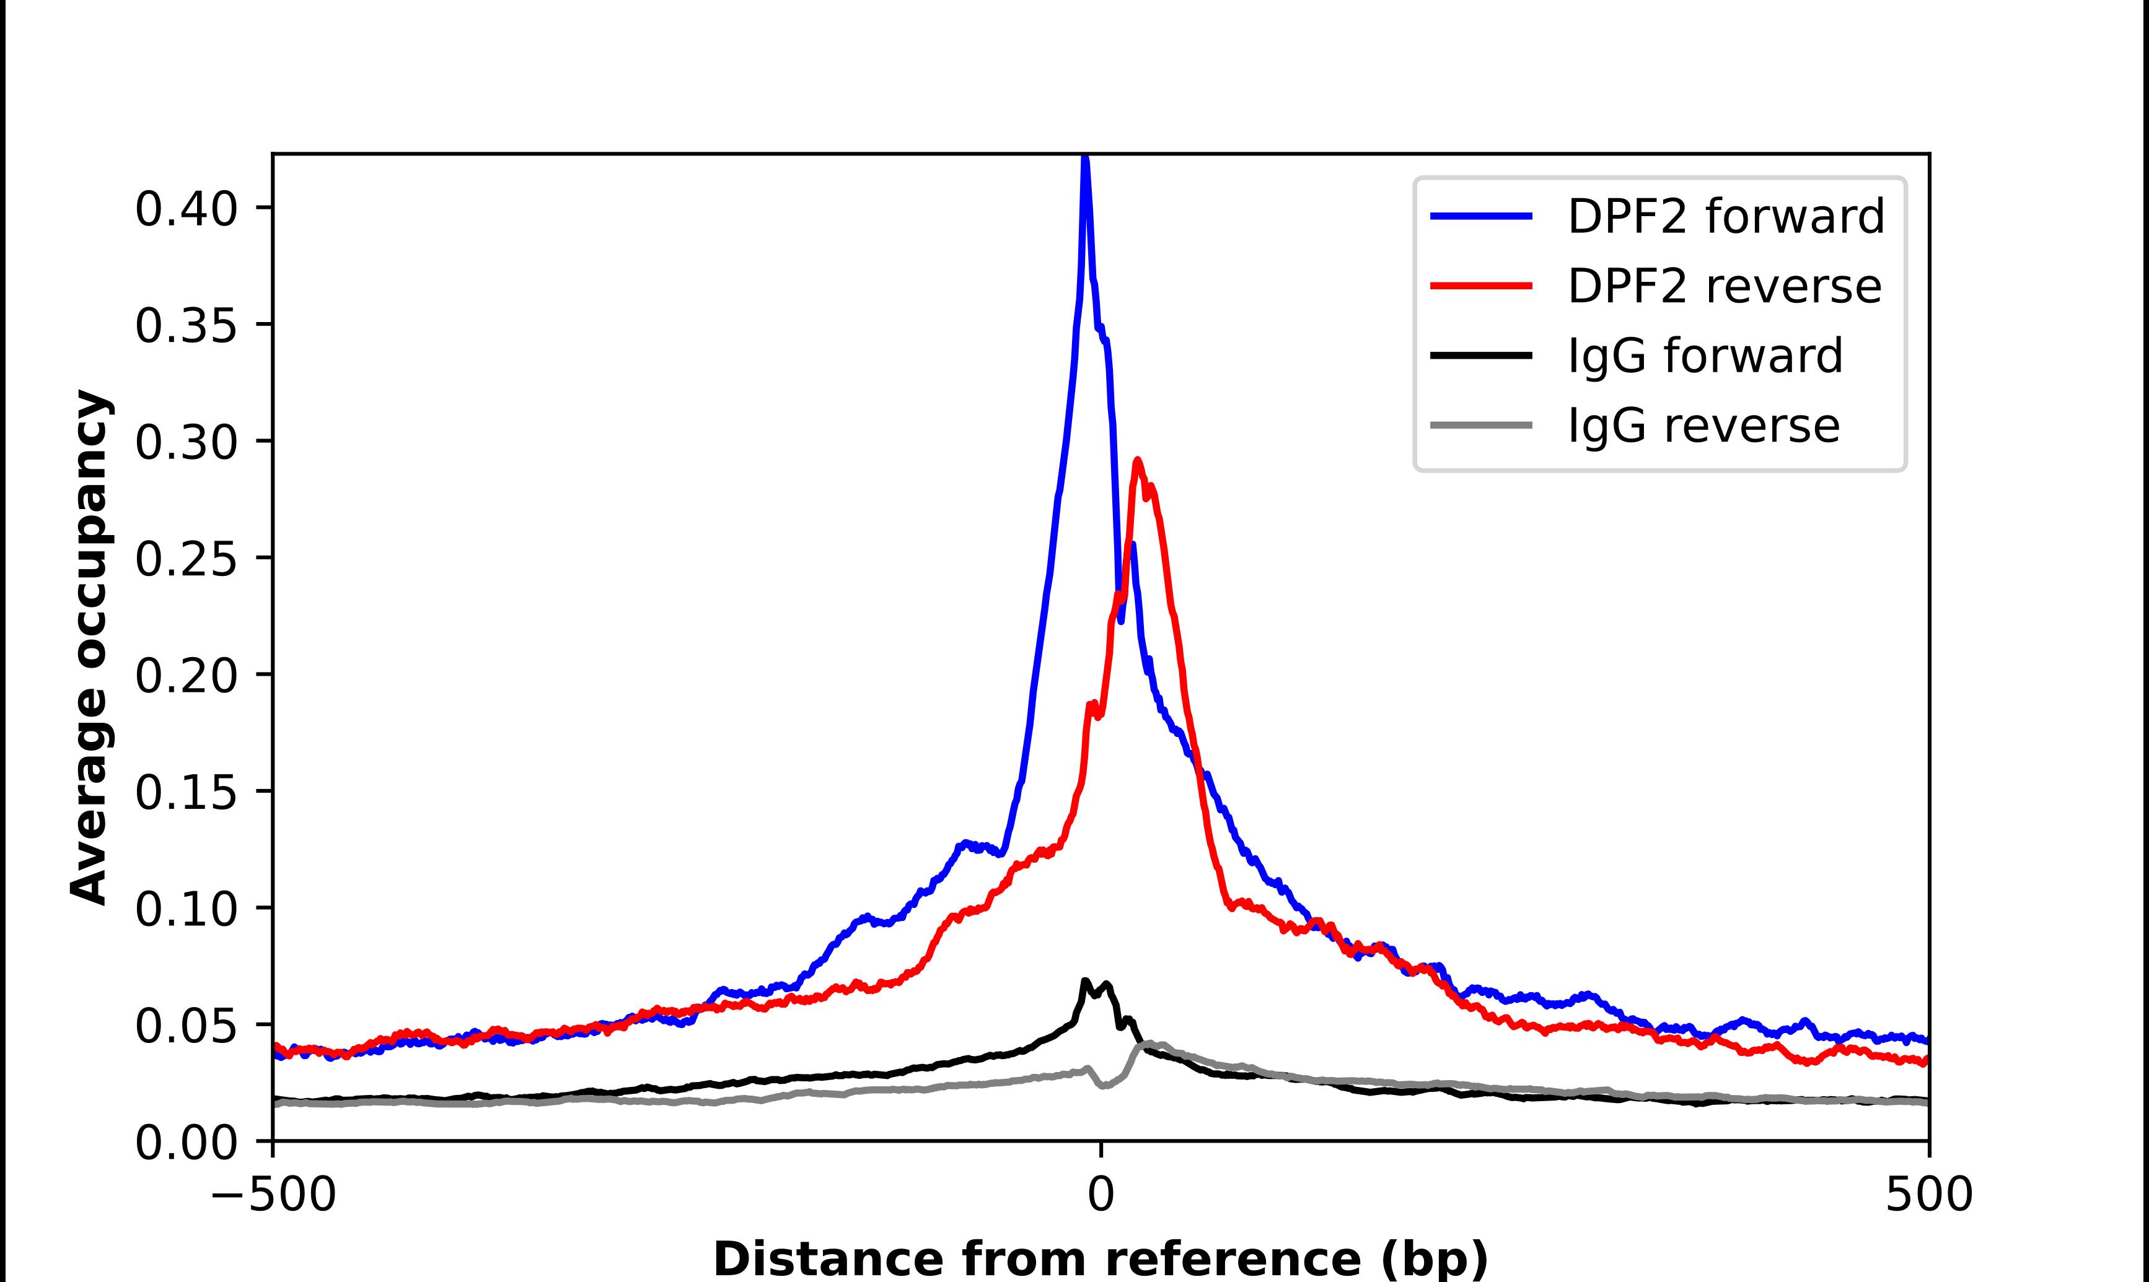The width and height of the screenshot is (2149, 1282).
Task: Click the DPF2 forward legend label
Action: point(1725,216)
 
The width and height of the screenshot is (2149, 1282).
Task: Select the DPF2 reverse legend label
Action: point(1724,286)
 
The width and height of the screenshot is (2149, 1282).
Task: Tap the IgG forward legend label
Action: point(1705,356)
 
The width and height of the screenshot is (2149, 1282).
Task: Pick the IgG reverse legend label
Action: point(1703,426)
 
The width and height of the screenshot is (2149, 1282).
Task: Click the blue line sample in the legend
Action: point(1481,216)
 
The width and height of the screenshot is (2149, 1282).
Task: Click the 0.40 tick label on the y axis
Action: point(186,209)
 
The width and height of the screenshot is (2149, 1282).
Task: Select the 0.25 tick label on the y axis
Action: point(186,559)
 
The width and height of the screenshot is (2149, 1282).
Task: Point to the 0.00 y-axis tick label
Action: point(186,1142)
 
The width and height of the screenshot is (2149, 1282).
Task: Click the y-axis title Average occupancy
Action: point(90,647)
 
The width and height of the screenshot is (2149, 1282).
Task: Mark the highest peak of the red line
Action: point(1137,460)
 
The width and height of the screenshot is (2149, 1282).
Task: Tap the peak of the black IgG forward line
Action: point(1084,982)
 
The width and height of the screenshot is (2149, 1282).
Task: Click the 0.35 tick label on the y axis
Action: point(186,326)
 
